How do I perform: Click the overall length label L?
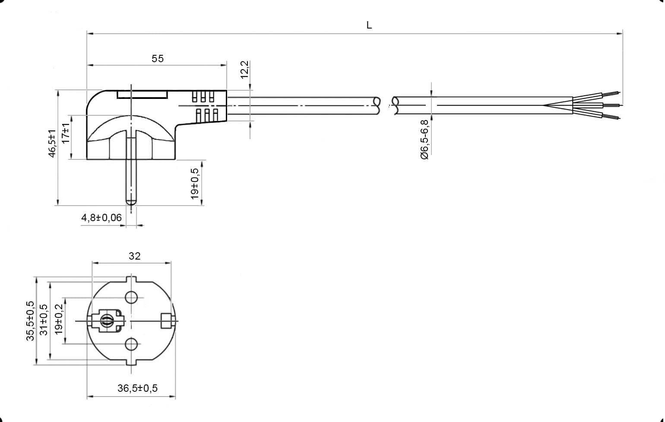(369, 25)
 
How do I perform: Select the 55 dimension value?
(157, 58)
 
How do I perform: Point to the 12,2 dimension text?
(244, 70)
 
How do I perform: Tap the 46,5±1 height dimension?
(52, 143)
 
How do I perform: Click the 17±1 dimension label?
(65, 133)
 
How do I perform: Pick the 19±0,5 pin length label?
(194, 184)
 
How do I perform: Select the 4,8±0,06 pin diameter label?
(101, 218)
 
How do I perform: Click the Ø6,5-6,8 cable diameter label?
(424, 140)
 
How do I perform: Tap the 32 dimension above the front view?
(134, 256)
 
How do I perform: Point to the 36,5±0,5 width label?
(137, 388)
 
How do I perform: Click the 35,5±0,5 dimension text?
(30, 321)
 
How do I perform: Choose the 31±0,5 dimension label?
(44, 320)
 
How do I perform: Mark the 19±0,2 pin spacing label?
(59, 319)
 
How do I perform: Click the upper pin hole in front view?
(131, 297)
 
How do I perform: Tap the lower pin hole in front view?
(131, 344)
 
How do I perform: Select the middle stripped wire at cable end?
(611, 105)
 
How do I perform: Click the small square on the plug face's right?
(166, 321)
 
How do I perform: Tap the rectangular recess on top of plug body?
(142, 95)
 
